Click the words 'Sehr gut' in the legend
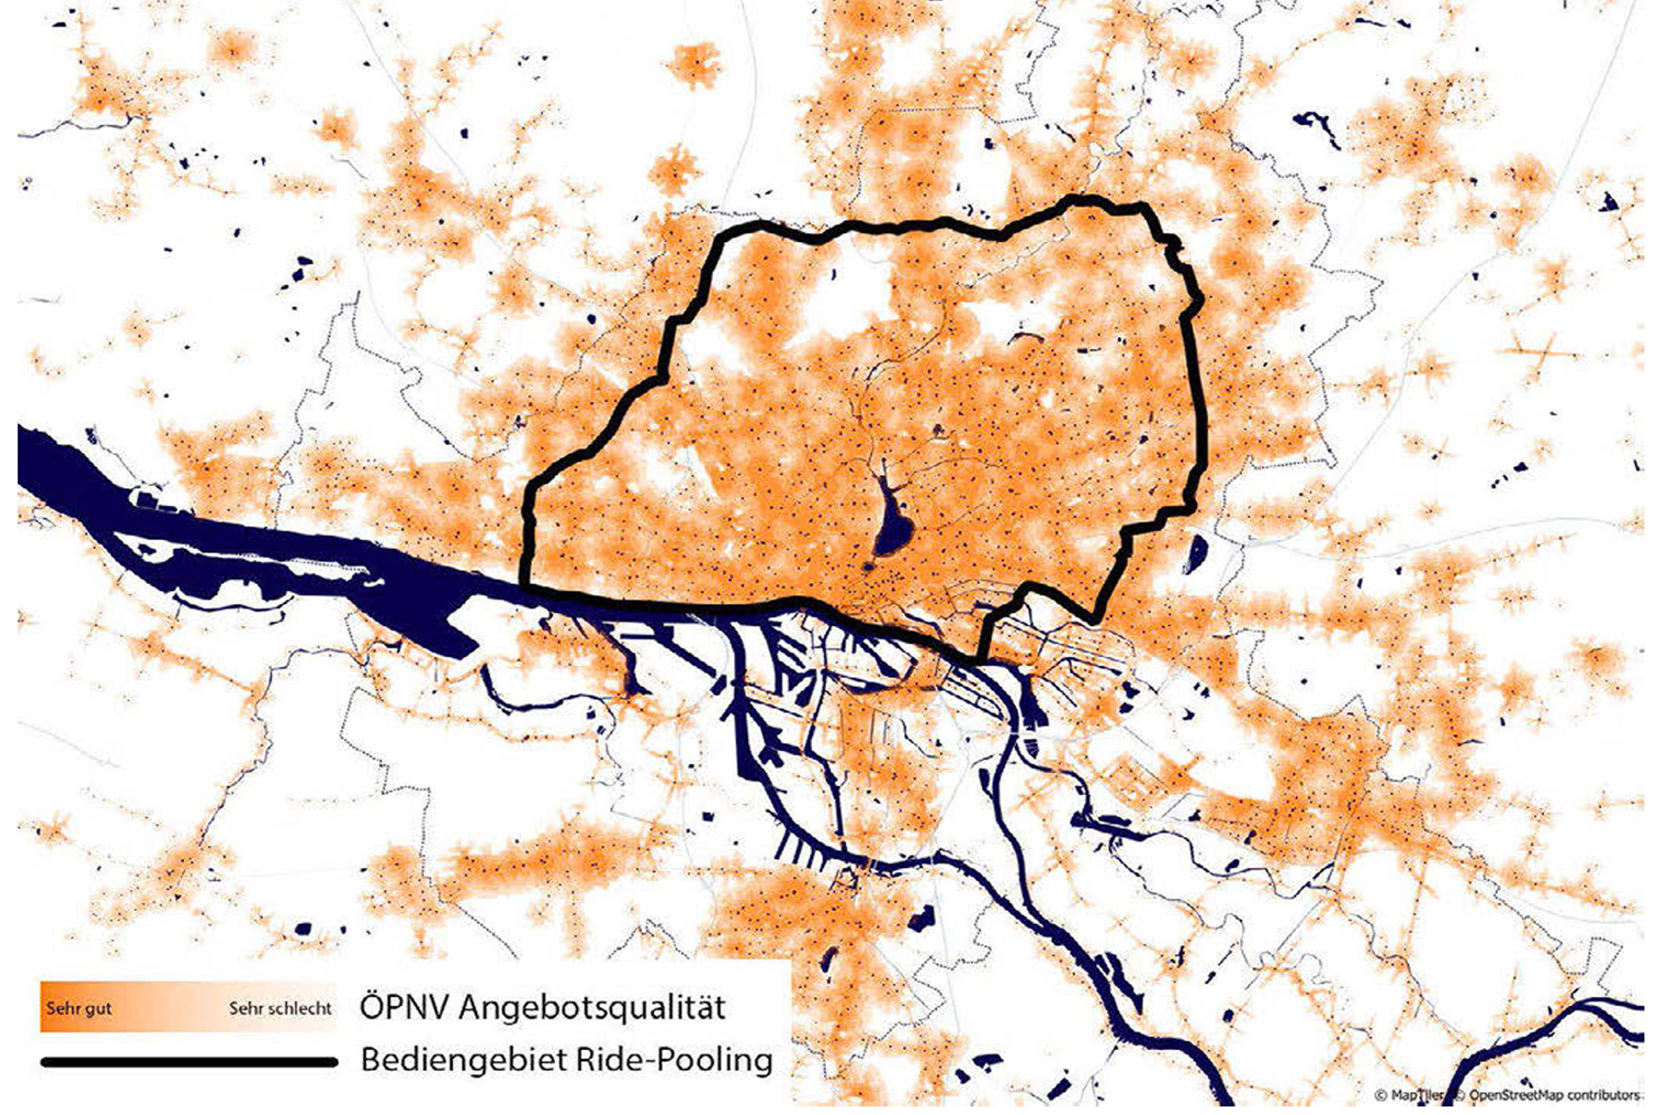tap(79, 1008)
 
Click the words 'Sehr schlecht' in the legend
tap(280, 1008)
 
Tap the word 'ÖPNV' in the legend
tap(404, 1008)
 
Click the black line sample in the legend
tap(188, 1062)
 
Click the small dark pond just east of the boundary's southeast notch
tap(1195, 554)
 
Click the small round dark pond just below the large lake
tap(869, 567)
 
